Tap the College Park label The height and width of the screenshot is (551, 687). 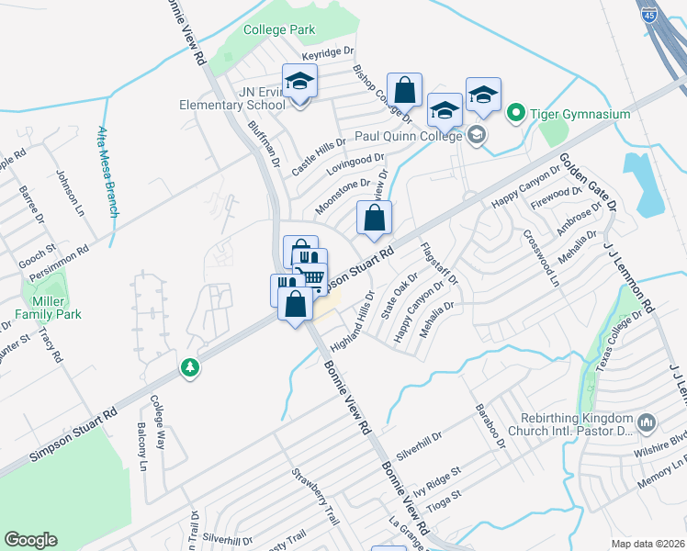(x=279, y=29)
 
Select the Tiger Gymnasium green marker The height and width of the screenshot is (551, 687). (x=516, y=114)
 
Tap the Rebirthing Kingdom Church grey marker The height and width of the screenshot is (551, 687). (x=647, y=422)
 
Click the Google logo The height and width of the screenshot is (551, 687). (x=30, y=540)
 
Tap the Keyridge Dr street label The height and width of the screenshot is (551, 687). (x=328, y=56)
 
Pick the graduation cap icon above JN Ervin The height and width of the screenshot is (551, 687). (x=299, y=84)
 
